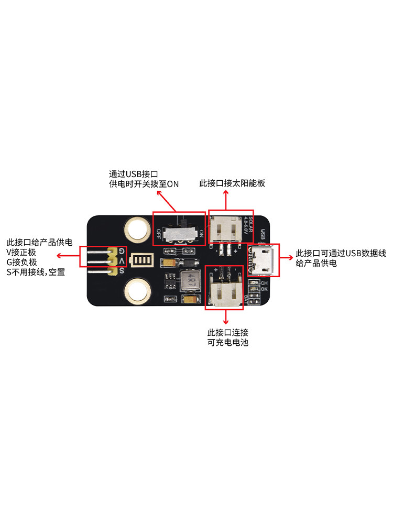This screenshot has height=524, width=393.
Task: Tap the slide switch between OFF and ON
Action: pyautogui.click(x=178, y=232)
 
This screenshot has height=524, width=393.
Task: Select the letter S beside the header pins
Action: pyautogui.click(x=122, y=271)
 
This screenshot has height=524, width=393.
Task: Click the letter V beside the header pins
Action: pyautogui.click(x=122, y=261)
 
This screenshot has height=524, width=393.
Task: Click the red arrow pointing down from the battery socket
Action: pyautogui.click(x=226, y=316)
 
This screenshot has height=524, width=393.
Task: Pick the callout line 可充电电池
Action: pyautogui.click(x=228, y=343)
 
